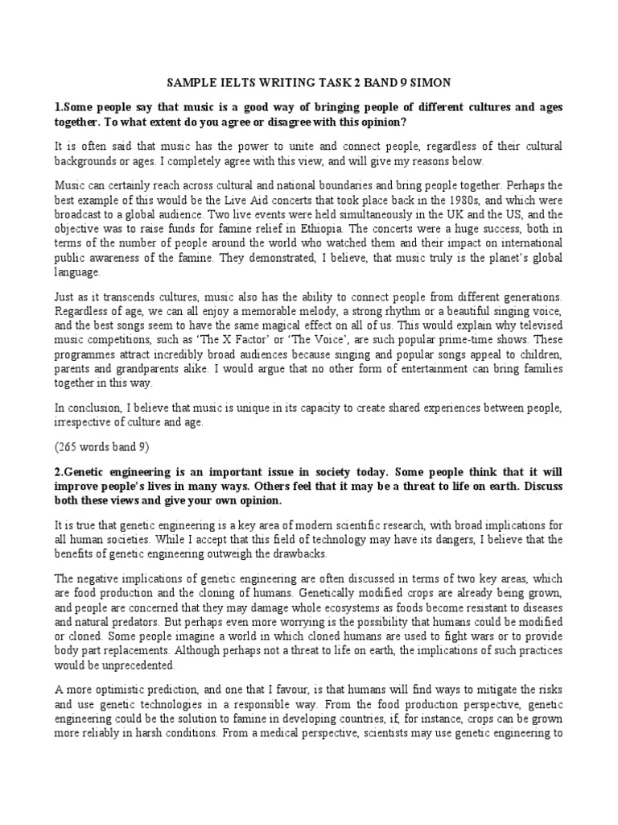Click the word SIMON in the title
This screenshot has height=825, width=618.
[x=430, y=83]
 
